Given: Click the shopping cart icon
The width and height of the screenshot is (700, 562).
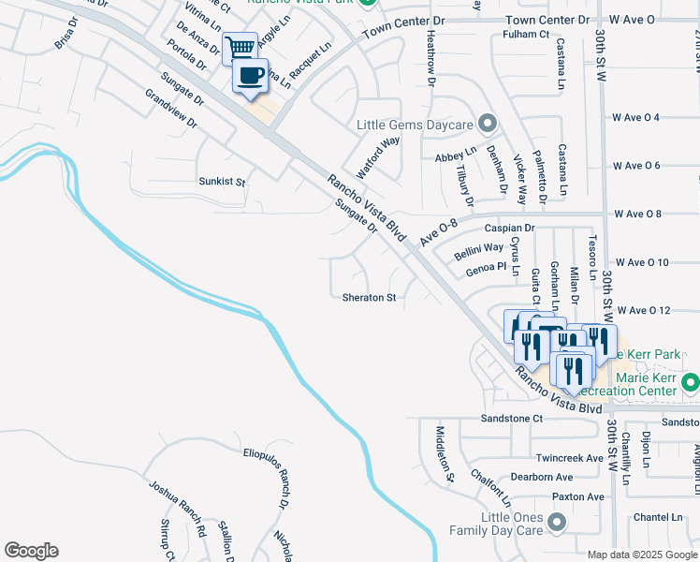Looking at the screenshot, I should (241, 47).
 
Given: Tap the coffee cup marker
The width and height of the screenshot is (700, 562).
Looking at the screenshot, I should (250, 76).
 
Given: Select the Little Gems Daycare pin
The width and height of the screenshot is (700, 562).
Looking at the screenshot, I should (487, 124).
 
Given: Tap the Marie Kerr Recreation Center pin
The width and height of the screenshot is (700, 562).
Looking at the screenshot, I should (691, 382).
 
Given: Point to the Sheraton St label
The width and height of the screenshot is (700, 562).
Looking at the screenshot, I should (370, 298).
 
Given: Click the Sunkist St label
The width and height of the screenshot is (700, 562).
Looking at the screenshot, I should (221, 182).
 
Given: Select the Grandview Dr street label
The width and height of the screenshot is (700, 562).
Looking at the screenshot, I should (171, 109).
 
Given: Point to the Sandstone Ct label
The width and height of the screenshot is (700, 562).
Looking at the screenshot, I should (512, 418).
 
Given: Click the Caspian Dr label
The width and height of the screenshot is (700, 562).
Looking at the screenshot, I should (509, 228).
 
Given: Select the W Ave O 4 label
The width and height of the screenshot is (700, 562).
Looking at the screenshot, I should (636, 117).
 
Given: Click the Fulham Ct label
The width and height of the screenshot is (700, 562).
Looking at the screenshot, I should (525, 35).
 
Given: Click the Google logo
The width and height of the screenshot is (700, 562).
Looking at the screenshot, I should (31, 551).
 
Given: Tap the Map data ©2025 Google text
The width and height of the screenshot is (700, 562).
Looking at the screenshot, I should (641, 555).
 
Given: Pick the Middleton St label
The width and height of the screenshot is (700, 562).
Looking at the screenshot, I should (445, 453).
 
